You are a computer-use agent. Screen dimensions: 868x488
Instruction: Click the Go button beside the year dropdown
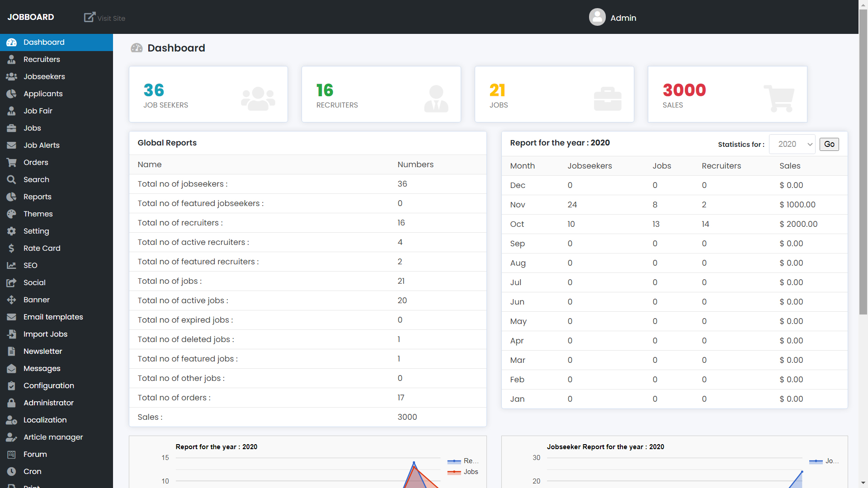pos(829,144)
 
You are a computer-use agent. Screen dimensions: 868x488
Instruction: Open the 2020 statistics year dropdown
pos(792,144)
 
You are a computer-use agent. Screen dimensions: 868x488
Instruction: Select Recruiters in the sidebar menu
pos(42,59)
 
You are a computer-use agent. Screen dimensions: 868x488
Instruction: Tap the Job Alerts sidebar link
pos(42,145)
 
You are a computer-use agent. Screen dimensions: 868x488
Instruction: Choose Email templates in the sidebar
pos(53,317)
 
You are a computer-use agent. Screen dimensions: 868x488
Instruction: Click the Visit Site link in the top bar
pos(105,18)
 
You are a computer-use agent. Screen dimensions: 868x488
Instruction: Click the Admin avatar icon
pos(597,17)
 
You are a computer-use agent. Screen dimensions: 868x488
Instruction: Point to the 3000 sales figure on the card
pos(684,90)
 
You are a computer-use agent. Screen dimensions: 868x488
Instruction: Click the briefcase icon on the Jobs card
pos(608,99)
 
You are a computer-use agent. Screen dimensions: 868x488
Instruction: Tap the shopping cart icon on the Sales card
pos(779,99)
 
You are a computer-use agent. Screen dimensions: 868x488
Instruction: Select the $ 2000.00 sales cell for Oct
pos(798,224)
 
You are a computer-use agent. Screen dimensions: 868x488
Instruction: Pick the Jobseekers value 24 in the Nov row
pos(572,205)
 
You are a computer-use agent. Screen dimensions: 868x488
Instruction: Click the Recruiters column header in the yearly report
pos(721,166)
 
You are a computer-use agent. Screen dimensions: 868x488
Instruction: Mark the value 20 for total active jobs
pos(402,300)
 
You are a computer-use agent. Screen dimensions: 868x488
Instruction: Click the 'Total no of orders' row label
pos(174,398)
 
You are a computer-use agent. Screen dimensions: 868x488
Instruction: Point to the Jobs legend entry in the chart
pos(471,472)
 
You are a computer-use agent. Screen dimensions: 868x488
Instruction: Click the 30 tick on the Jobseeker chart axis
pos(536,458)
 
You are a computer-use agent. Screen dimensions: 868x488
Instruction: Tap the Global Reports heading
pos(167,143)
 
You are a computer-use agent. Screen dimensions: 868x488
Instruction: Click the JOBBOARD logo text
pos(31,17)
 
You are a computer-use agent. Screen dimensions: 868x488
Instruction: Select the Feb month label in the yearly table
pos(517,380)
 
